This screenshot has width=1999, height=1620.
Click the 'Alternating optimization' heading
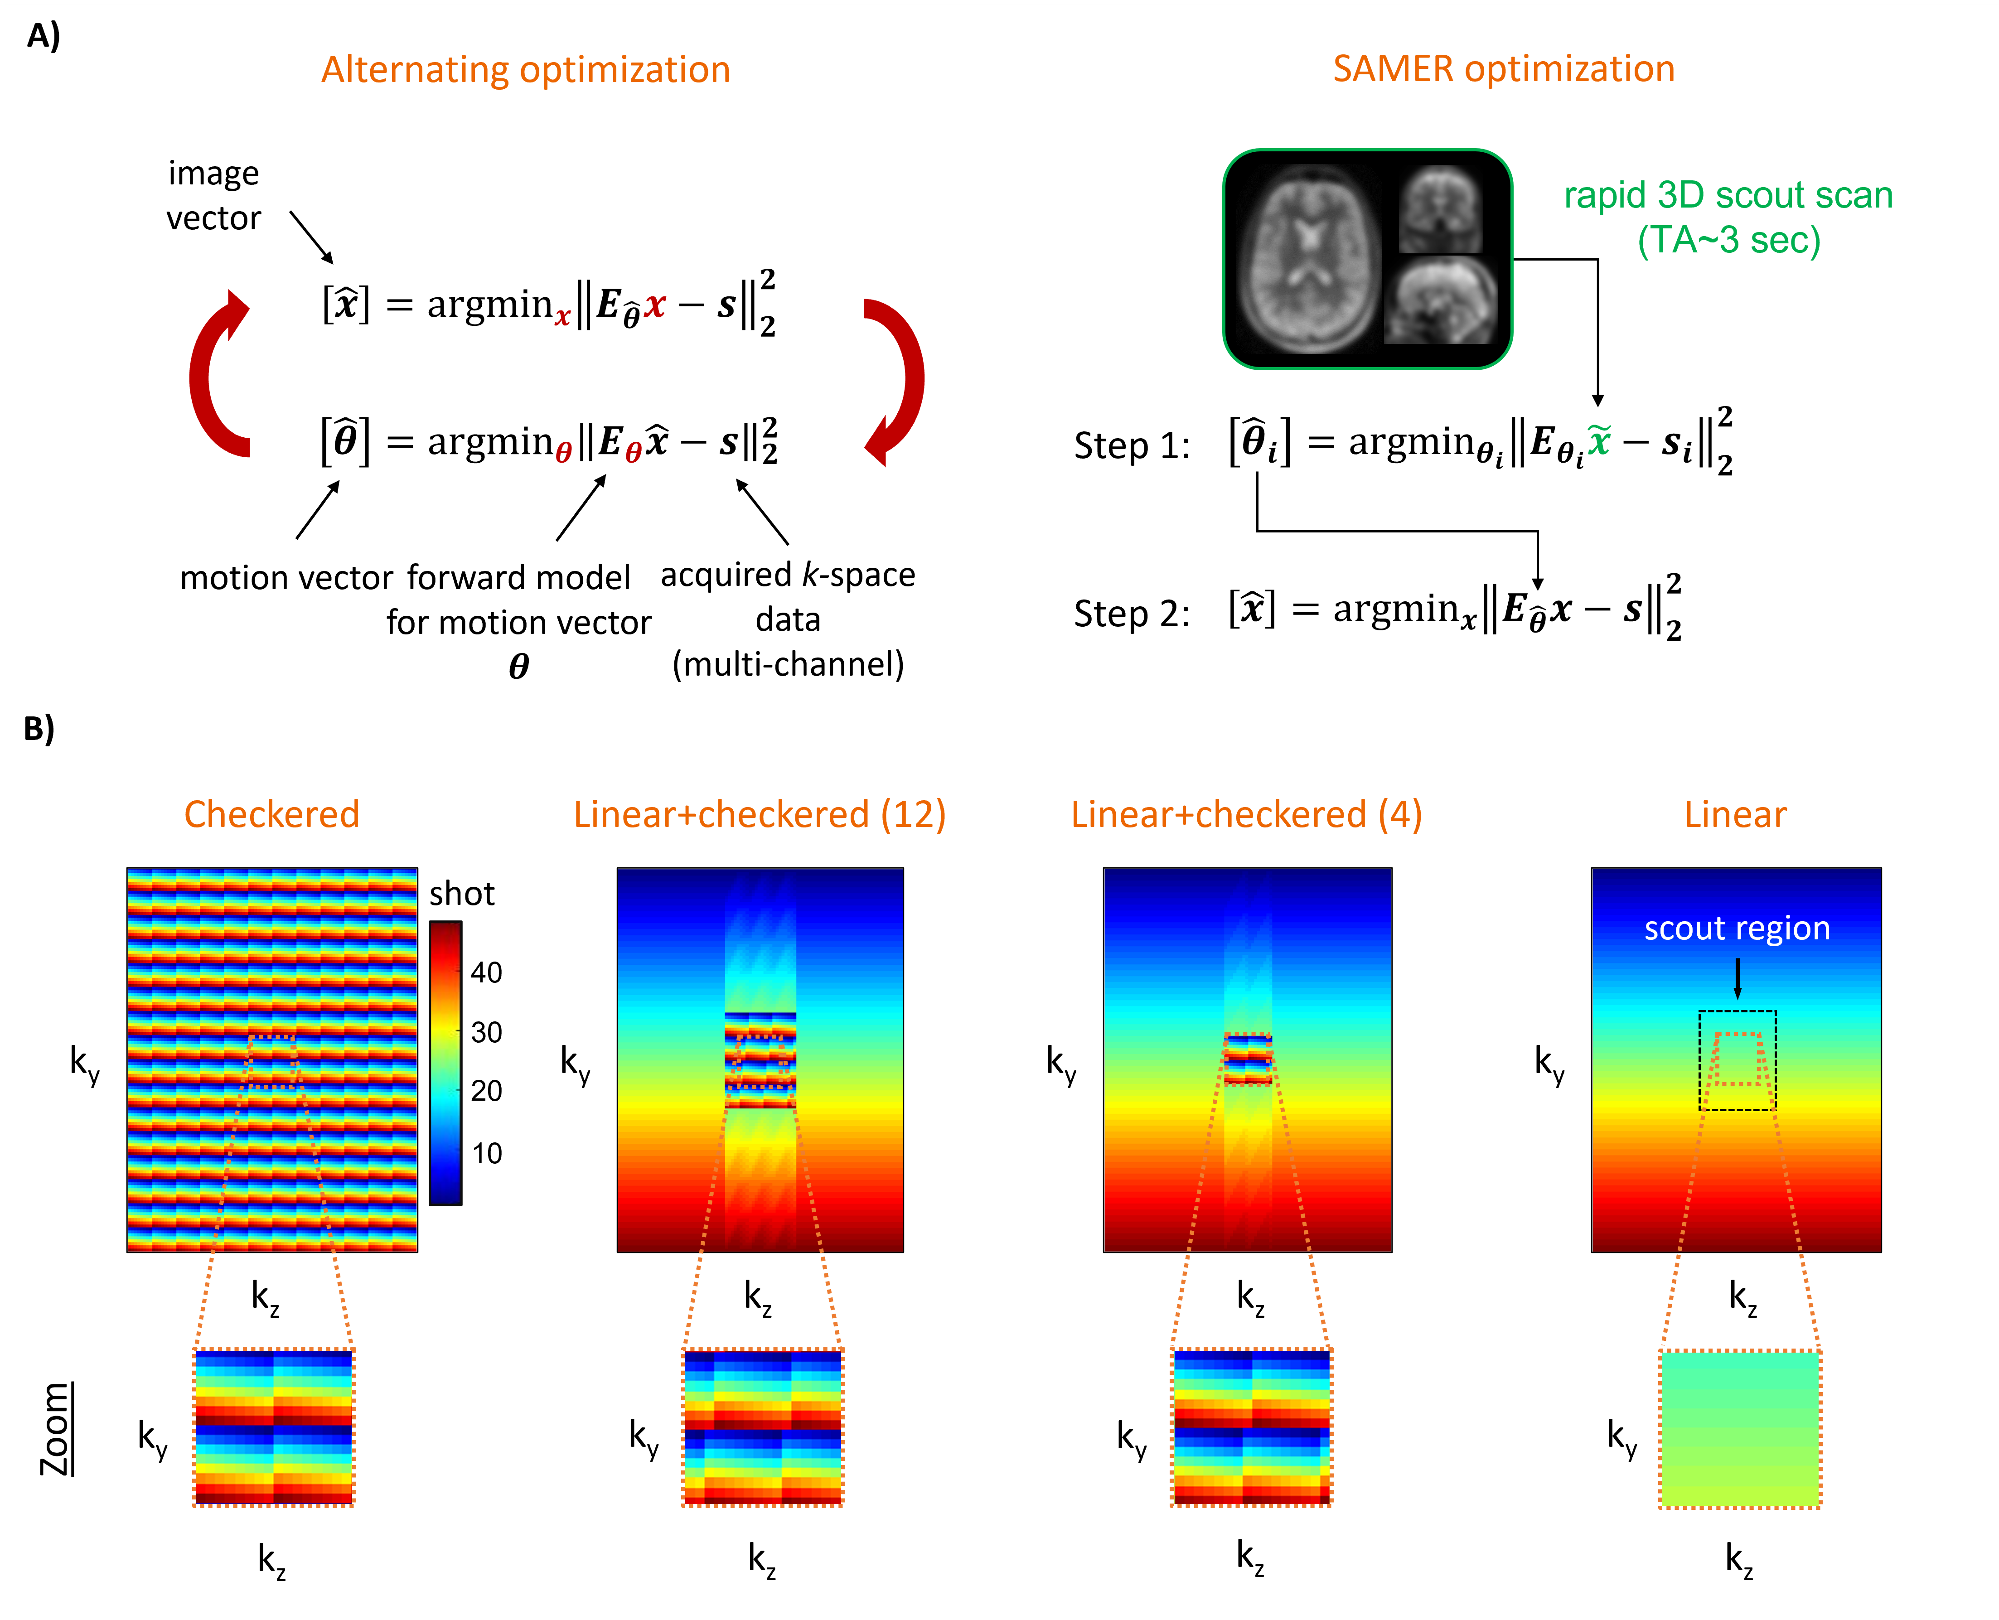click(525, 70)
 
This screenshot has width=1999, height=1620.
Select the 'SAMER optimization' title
click(1504, 69)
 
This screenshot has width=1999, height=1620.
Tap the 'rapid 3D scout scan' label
click(1728, 196)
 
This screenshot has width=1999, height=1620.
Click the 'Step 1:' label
click(1132, 446)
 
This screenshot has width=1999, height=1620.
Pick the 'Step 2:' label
click(1132, 614)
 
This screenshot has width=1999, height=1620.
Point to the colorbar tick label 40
click(486, 972)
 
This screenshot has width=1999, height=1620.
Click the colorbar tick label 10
click(486, 1153)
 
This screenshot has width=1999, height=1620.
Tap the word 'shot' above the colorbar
click(462, 894)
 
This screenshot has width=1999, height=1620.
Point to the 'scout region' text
click(1737, 928)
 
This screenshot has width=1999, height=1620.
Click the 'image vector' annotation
click(214, 196)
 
